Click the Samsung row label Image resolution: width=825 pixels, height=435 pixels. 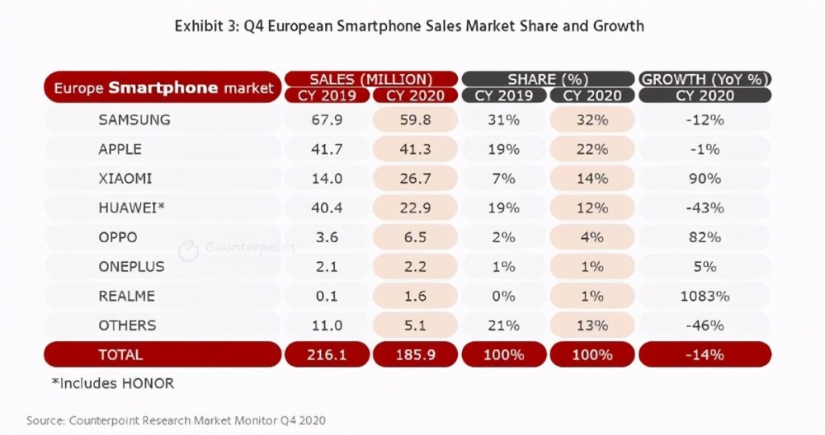click(134, 119)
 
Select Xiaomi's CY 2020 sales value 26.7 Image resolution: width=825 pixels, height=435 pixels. click(410, 178)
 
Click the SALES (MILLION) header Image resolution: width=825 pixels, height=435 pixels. click(370, 79)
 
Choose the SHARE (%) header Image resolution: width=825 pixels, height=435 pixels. click(547, 79)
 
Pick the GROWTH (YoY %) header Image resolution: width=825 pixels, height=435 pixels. click(705, 79)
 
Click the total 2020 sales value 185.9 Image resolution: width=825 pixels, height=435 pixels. click(410, 354)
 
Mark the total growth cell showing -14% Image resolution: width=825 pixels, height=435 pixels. click(705, 354)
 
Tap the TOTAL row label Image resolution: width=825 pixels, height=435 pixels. click(120, 354)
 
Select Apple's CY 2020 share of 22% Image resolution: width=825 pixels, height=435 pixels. click(592, 149)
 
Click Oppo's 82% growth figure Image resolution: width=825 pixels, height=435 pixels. click(704, 237)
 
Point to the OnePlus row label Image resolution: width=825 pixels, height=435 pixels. click(131, 266)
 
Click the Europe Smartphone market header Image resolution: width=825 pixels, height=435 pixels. click(163, 87)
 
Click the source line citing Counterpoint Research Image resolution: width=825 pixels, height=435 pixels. click(176, 420)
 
